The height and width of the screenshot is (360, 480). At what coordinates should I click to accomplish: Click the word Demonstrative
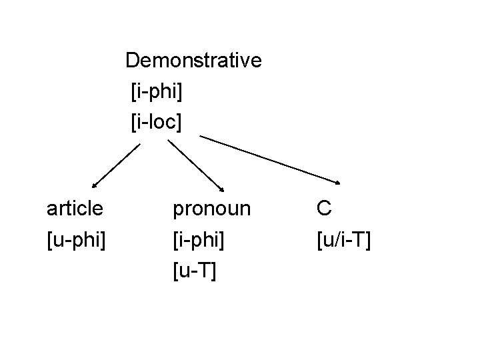coord(193,61)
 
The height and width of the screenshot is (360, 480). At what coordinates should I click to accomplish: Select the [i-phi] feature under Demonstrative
coord(157,91)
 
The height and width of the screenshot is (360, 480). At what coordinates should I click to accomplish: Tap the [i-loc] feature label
coord(157,121)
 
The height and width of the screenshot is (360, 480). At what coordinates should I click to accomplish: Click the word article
coord(75,209)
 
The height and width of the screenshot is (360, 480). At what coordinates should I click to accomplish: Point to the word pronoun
coord(212,209)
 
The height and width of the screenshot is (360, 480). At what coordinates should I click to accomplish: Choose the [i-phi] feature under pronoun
coord(198,239)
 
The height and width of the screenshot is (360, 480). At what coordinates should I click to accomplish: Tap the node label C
coord(324,209)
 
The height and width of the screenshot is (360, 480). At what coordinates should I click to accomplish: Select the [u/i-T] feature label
coord(344,239)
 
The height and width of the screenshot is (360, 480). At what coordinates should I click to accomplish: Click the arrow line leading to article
coord(117,166)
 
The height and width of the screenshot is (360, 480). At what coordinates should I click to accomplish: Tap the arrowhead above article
coord(94,187)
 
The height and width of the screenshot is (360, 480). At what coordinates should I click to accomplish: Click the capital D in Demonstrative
coord(132,61)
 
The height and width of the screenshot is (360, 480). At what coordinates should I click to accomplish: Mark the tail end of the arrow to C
coord(201,137)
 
